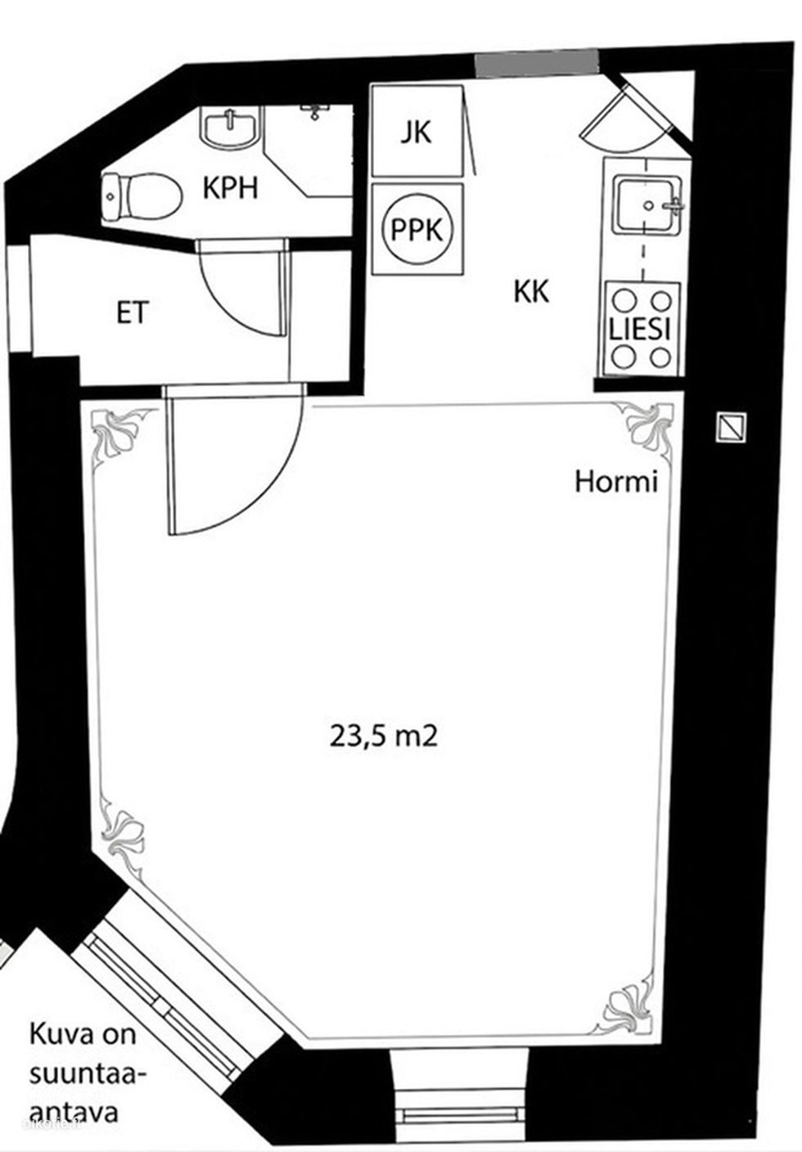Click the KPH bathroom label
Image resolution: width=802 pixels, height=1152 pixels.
[x=231, y=189]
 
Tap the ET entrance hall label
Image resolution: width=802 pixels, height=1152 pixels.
[x=133, y=313]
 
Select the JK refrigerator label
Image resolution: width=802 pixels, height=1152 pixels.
[x=417, y=133]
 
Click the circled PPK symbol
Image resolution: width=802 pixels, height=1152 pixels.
[x=417, y=230]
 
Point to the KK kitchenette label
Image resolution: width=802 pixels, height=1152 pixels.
[x=531, y=291]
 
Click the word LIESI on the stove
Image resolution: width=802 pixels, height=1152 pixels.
[x=640, y=330]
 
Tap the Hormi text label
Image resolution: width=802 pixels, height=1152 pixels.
[x=616, y=483]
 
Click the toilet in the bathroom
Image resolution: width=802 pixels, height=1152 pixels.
[x=142, y=196]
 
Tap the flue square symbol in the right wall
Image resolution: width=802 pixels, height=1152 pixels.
[x=731, y=427]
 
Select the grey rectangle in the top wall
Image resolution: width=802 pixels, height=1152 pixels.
[x=537, y=63]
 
